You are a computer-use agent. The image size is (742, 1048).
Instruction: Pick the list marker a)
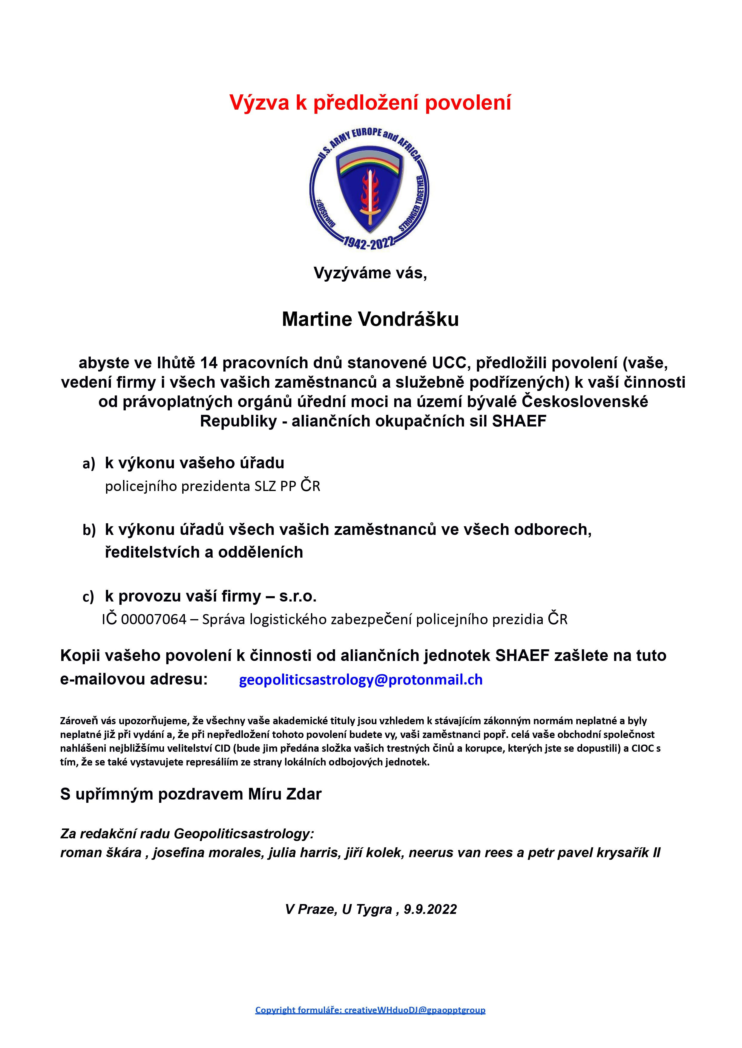click(x=89, y=464)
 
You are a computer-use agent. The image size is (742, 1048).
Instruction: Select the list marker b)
click(x=89, y=530)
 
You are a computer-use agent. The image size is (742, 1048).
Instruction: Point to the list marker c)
click(x=88, y=597)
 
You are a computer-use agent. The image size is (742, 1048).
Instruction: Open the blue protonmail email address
click(x=361, y=680)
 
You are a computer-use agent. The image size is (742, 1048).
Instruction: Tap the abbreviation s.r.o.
click(x=298, y=596)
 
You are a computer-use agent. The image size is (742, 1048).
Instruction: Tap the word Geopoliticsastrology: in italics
click(x=244, y=834)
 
